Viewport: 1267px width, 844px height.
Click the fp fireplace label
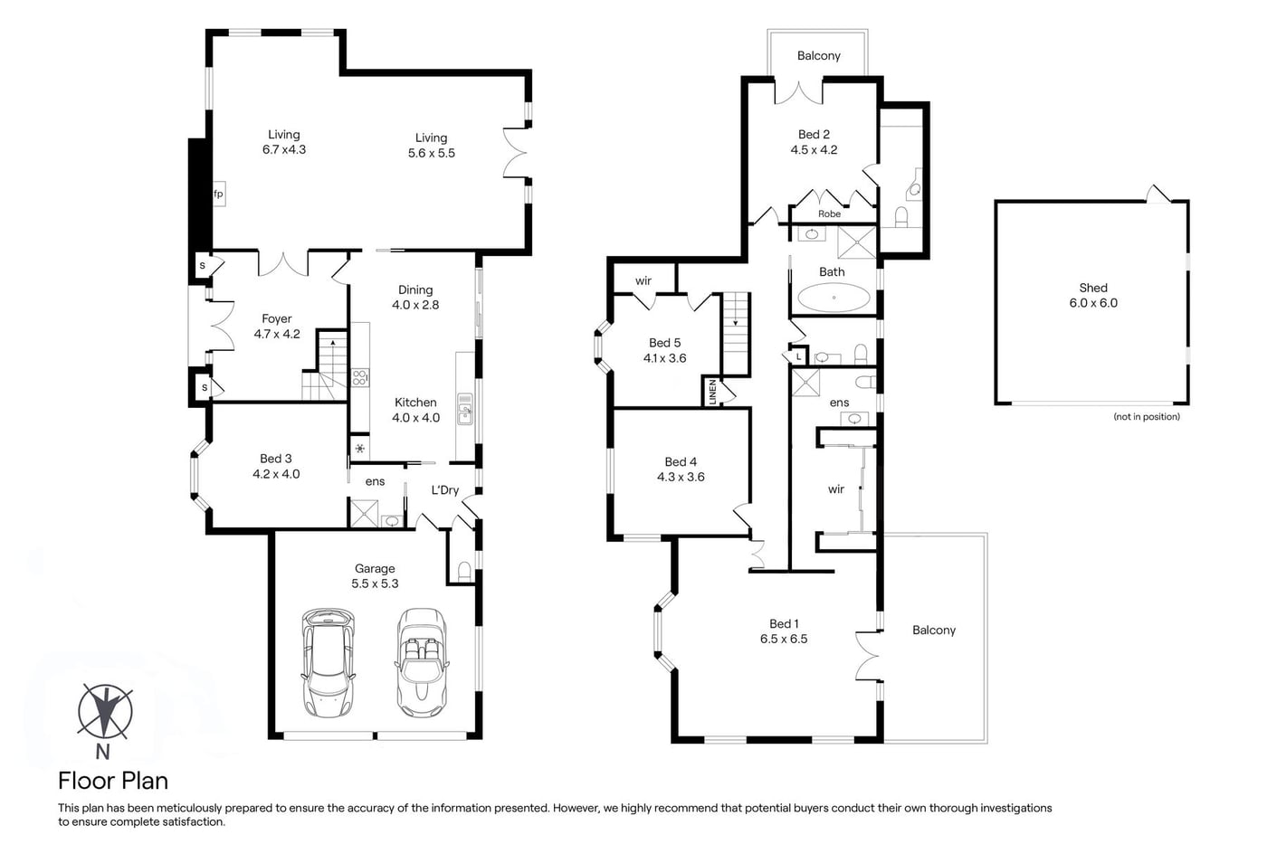[x=218, y=194]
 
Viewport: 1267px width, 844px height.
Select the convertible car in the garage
[x=422, y=662]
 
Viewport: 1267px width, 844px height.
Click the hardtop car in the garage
[x=329, y=662]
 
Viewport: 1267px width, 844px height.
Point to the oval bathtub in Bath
[x=834, y=298]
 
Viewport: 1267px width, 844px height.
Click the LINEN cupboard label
[x=713, y=392]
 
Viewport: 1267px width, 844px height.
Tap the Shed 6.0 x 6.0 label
[x=1093, y=295]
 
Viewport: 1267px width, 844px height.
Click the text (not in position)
[x=1147, y=417]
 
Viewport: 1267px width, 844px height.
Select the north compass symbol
[x=105, y=711]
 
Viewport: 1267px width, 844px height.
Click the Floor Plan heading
[x=113, y=781]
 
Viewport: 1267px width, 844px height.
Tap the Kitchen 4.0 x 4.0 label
[x=415, y=410]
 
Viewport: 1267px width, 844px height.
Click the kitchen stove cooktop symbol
[x=360, y=377]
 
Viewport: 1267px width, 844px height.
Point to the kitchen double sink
[x=465, y=408]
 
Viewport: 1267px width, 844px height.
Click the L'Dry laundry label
[x=445, y=489]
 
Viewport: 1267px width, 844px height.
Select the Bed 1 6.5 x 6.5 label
[x=784, y=631]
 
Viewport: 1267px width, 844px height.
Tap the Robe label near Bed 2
[x=829, y=213]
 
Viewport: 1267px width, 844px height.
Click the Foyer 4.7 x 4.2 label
[x=277, y=327]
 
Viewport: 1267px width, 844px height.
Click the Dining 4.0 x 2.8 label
[x=415, y=297]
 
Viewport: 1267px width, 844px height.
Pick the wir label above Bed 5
[x=643, y=281]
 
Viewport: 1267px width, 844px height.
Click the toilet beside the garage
[x=463, y=571]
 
